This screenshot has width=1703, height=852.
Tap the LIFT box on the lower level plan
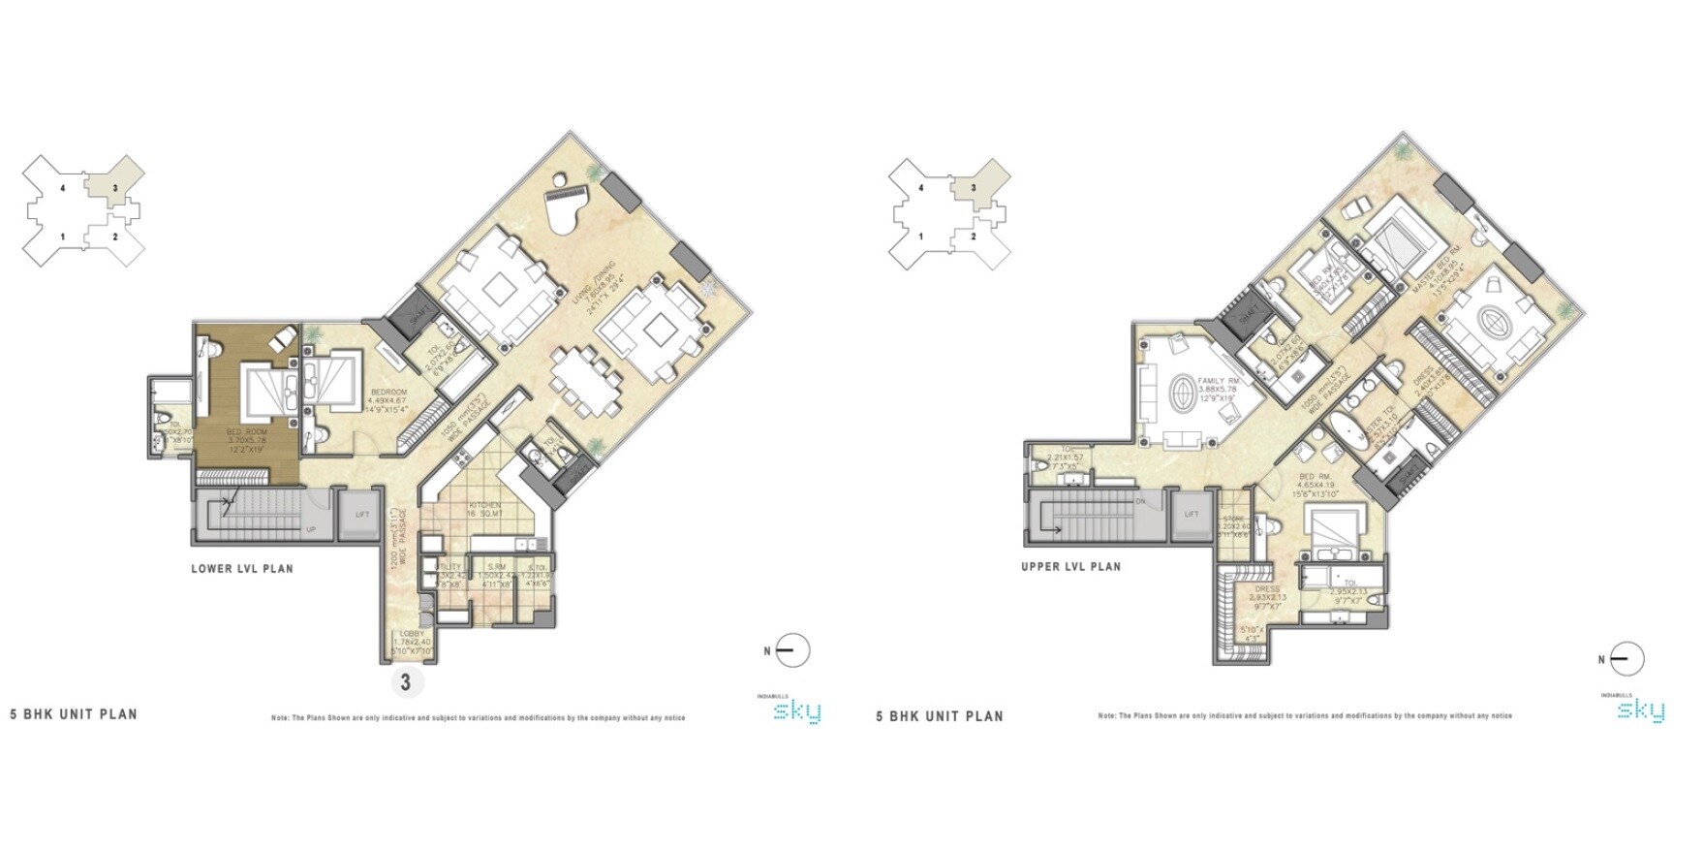click(361, 515)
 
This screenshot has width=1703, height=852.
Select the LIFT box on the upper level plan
click(1191, 515)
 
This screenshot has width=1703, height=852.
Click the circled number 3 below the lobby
click(405, 682)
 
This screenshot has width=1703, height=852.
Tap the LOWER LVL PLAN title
click(241, 569)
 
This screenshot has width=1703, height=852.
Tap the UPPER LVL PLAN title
click(1070, 567)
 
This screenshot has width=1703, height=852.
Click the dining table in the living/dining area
click(585, 382)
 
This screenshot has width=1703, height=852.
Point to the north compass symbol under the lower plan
click(791, 650)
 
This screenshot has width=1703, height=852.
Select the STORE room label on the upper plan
click(1234, 520)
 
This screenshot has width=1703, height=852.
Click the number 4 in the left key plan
click(63, 188)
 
